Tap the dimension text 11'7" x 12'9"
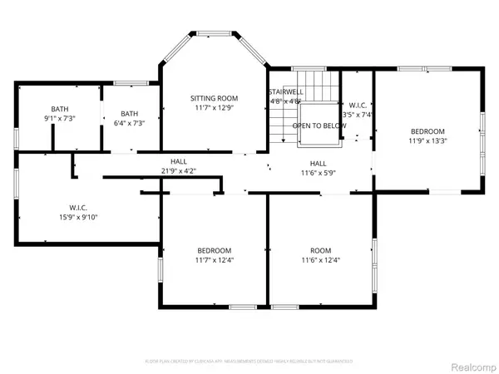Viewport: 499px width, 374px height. [x=214, y=107]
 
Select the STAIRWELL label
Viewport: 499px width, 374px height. [x=284, y=92]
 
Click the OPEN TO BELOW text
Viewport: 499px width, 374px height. [x=319, y=125]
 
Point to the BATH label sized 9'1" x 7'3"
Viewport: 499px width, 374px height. [x=60, y=110]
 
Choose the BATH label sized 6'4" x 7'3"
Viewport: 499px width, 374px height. [x=129, y=114]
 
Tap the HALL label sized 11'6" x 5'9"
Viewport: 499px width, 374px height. [x=318, y=164]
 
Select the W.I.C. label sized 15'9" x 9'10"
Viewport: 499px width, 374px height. [x=78, y=208]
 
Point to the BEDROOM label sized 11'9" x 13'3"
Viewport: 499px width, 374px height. [x=427, y=131]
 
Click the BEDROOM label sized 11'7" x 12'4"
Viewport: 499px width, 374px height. [x=214, y=250]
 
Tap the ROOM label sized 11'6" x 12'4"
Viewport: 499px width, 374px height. [x=320, y=250]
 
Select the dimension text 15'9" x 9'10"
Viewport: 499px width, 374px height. [x=78, y=217]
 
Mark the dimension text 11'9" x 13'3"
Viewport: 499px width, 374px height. [x=427, y=140]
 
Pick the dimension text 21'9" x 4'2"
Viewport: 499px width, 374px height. [x=179, y=172]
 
